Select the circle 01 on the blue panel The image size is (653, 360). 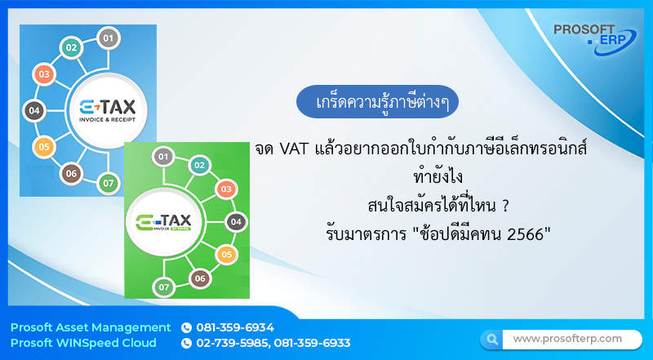(x=108, y=37)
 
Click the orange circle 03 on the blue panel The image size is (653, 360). (x=43, y=75)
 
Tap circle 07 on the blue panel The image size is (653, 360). (x=108, y=182)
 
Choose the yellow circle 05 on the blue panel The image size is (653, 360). (x=43, y=147)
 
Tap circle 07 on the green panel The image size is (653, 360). (x=163, y=287)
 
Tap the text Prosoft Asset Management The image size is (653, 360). (x=91, y=327)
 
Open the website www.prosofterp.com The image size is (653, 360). (x=567, y=338)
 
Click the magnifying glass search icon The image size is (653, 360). (x=491, y=339)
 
